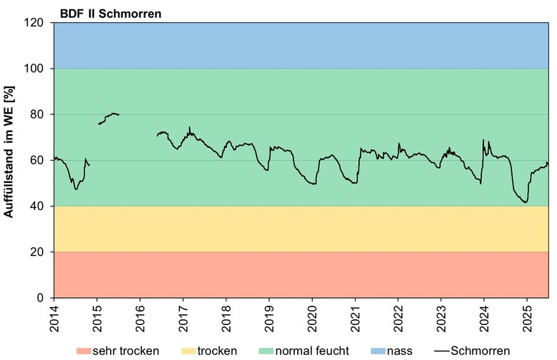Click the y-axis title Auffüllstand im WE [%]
(10, 160)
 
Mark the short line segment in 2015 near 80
(109, 117)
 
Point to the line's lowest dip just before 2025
(525, 202)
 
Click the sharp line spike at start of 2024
(483, 140)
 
